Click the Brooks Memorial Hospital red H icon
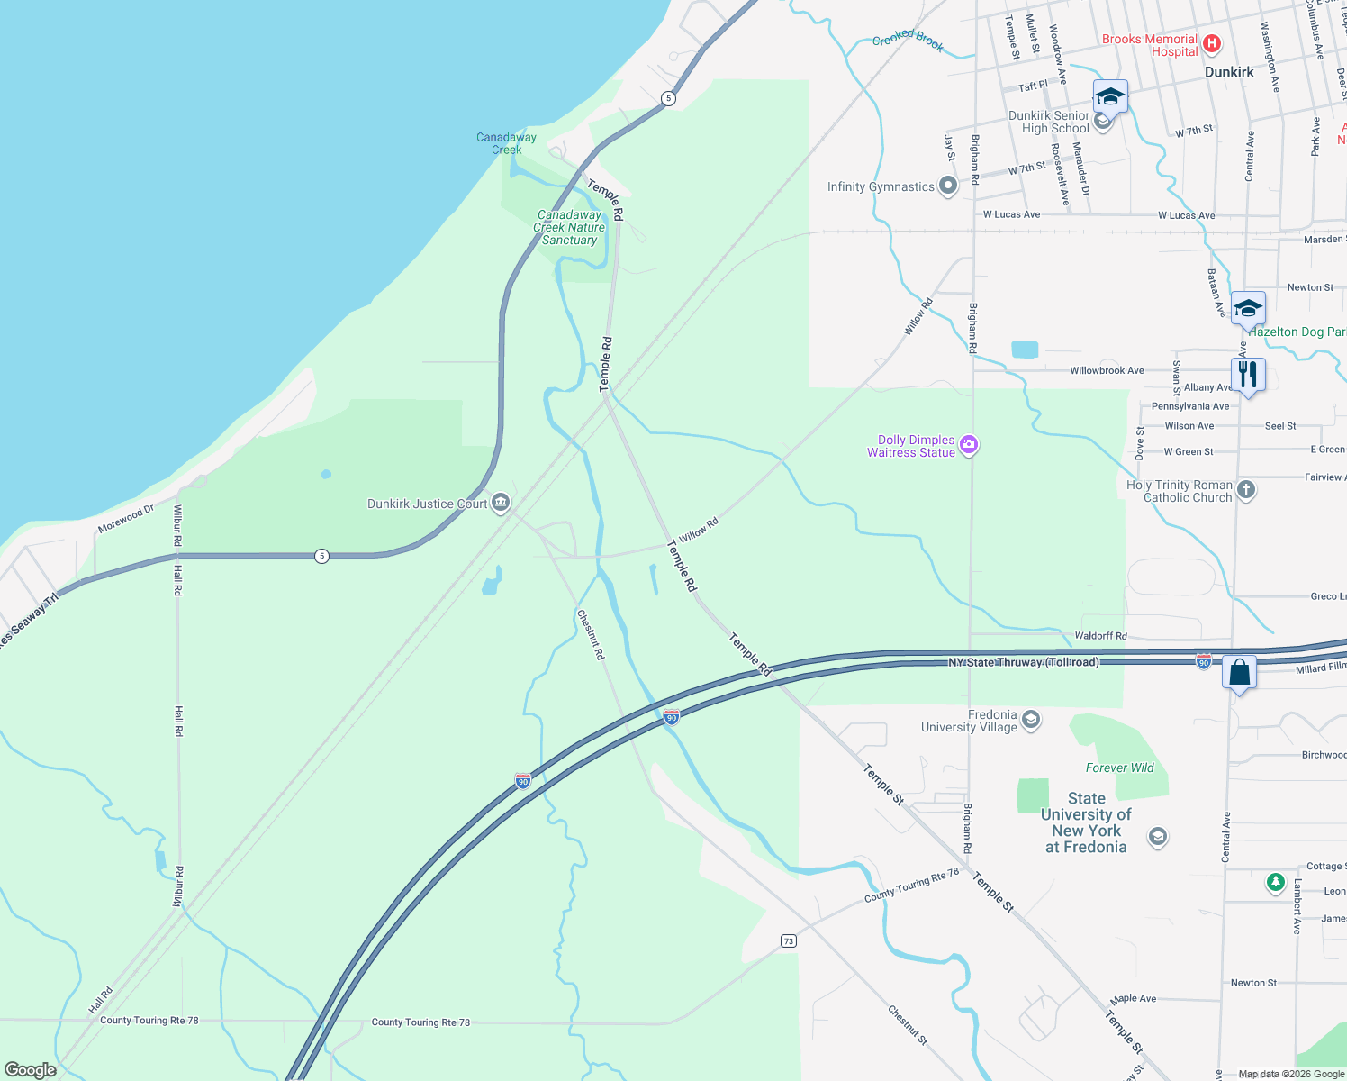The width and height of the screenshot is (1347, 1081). click(x=1212, y=43)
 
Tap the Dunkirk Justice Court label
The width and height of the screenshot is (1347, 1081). click(x=427, y=504)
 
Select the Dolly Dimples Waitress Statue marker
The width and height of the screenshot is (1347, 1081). click(x=969, y=445)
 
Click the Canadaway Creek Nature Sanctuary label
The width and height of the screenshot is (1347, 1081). click(x=569, y=228)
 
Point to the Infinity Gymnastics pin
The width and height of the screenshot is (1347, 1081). click(x=947, y=186)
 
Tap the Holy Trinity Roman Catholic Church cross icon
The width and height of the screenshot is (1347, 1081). click(x=1246, y=490)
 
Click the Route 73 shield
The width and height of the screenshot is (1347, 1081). click(x=789, y=940)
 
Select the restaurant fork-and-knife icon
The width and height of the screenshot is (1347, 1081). click(x=1248, y=373)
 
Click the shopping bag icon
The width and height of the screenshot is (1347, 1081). click(x=1239, y=673)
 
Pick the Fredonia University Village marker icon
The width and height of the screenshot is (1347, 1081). click(x=1032, y=719)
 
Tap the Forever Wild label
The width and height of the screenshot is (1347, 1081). click(x=1119, y=768)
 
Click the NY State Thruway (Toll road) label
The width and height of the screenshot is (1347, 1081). click(x=1023, y=662)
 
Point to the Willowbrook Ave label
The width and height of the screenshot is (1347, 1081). click(x=1107, y=370)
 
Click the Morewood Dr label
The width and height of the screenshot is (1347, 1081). click(x=126, y=519)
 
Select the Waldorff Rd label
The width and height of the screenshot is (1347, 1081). click(x=1100, y=636)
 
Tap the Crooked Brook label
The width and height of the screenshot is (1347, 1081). click(x=908, y=39)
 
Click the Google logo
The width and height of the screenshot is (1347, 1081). click(x=31, y=1069)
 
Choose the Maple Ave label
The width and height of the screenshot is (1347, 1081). click(x=1133, y=998)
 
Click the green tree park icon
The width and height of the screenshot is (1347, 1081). click(x=1275, y=882)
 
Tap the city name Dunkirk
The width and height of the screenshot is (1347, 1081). click(x=1229, y=72)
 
